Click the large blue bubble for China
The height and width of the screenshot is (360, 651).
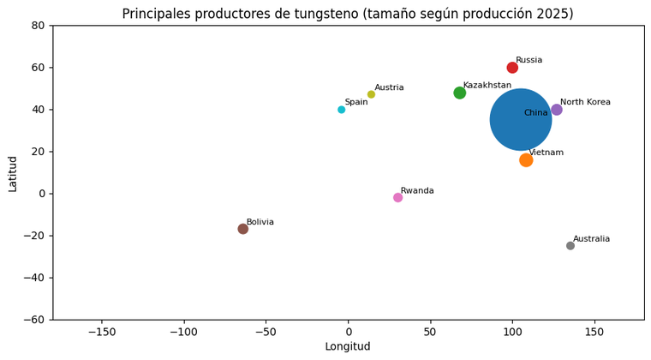pos(521,120)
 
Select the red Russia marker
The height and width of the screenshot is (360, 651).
pos(512,68)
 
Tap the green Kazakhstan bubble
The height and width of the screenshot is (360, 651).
pos(460,93)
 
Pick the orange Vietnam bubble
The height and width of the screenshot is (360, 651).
pos(526,160)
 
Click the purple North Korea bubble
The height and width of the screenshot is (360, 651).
pos(557,110)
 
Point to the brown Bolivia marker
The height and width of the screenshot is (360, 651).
pos(243,229)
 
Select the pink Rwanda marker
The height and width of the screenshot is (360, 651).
pos(397,198)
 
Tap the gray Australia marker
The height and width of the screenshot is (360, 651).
pos(570,246)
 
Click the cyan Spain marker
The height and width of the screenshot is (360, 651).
pos(341,110)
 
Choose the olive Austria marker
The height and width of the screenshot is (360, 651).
pos(371,94)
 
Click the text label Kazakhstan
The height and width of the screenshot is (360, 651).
pos(487,86)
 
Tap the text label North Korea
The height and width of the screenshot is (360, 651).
pos(585,102)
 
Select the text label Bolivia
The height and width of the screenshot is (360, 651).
pos(260,222)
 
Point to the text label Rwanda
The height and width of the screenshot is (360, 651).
pos(417,190)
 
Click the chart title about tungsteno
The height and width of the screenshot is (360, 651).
pos(348,14)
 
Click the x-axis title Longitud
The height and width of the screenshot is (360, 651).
pos(348,347)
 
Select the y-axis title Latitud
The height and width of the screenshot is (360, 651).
pos(13,173)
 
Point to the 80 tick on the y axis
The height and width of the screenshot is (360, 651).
pos(38,26)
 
